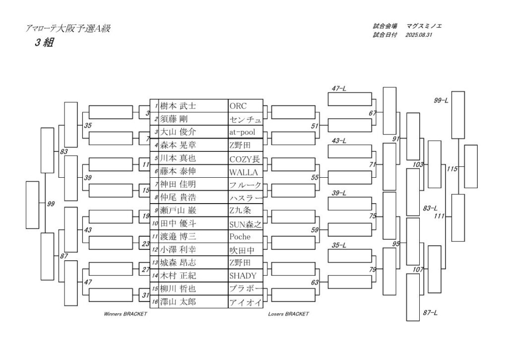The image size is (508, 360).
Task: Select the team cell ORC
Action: tap(238, 106)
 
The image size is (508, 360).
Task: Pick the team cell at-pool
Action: tap(242, 132)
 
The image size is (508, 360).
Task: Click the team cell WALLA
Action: tap(243, 172)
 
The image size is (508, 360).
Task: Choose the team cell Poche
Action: tap(240, 237)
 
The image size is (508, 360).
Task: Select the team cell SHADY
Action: tap(243, 276)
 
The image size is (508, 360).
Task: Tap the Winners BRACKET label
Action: tap(125, 314)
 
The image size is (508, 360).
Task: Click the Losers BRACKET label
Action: tap(288, 314)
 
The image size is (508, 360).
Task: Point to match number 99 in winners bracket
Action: tap(51, 204)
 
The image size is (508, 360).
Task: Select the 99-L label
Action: tap(441, 101)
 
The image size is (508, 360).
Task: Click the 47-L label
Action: tap(339, 88)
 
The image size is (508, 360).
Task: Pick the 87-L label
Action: tap(430, 313)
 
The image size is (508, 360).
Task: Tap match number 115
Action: tap(451, 169)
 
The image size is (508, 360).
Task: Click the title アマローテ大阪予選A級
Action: tap(68, 29)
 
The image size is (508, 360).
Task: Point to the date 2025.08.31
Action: tap(419, 35)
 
